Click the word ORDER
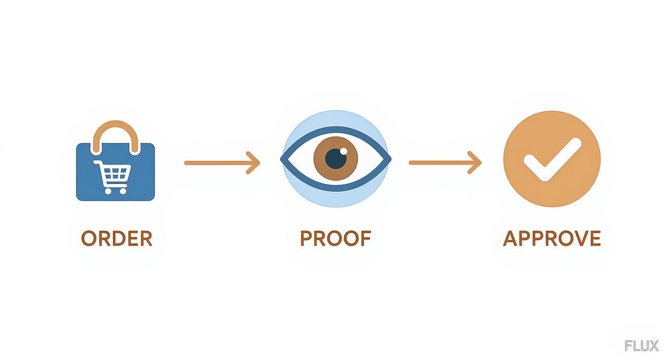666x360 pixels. click(117, 238)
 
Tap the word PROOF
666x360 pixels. click(336, 238)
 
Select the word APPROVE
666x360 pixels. click(552, 238)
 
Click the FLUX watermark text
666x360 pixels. click(642, 346)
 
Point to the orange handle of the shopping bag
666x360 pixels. click(115, 124)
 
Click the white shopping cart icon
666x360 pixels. click(112, 177)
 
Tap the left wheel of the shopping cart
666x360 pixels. click(108, 191)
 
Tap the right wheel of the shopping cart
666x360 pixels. click(123, 191)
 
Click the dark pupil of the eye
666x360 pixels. click(336, 158)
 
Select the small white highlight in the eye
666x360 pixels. click(344, 151)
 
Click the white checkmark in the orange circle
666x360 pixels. click(552, 159)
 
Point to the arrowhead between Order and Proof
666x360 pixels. click(254, 163)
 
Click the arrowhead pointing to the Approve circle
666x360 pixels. click(475, 162)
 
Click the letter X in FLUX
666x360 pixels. click(654, 346)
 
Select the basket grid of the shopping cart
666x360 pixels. click(115, 173)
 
